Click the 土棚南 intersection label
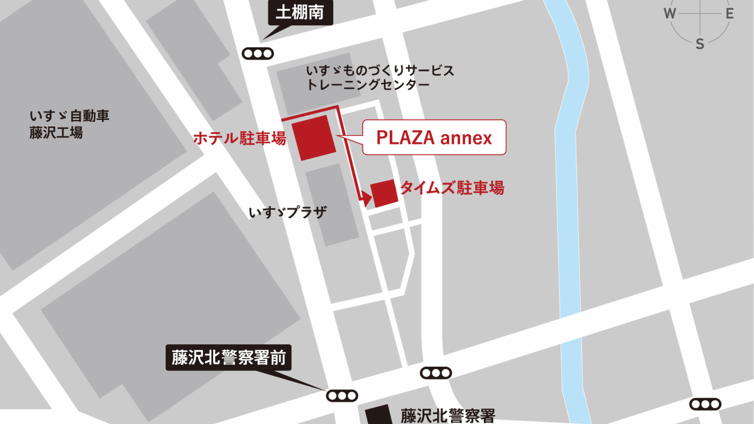[x=300, y=12]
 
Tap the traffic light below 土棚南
[x=258, y=54]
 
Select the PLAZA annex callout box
[x=434, y=137]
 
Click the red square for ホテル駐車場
[x=314, y=138]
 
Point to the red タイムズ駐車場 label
[x=452, y=188]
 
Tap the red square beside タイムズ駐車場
[x=384, y=193]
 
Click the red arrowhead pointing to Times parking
[x=366, y=197]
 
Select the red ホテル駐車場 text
[x=240, y=138]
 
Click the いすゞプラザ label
[x=288, y=213]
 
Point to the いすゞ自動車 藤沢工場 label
[x=69, y=124]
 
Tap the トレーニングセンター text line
[x=368, y=85]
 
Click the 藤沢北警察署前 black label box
[x=228, y=357]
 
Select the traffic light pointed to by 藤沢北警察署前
[x=342, y=396]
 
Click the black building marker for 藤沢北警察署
[x=379, y=415]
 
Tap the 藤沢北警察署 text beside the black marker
[x=447, y=416]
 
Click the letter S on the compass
[x=700, y=44]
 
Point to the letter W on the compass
[x=670, y=14]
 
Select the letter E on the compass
[x=730, y=14]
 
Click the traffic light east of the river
[x=705, y=404]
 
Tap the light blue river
[x=569, y=226]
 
